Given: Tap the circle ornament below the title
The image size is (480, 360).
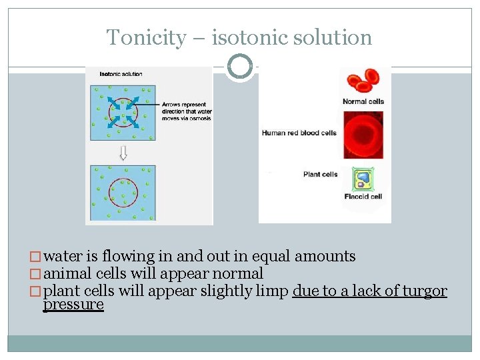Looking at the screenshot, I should [240, 67].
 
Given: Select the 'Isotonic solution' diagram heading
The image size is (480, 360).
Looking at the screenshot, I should [121, 74].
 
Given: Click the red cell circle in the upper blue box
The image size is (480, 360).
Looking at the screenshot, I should [123, 113].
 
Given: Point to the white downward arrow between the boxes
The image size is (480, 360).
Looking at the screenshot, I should [123, 153].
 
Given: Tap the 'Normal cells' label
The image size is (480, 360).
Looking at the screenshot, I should [363, 101].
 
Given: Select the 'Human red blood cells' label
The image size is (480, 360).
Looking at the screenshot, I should [299, 133].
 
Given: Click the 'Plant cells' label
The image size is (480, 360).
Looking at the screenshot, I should [320, 175].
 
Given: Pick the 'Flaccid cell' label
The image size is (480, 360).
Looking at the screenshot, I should [363, 197].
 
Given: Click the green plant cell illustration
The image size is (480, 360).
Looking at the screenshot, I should [363, 179].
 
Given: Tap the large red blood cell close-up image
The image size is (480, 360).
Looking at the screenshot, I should [363, 135].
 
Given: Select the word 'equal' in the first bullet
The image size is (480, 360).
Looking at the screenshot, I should [271, 256].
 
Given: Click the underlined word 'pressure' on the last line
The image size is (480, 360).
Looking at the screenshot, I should [73, 305].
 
